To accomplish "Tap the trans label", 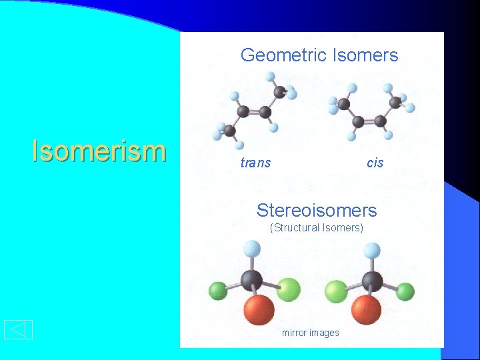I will (x=255, y=163).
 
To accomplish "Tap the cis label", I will (x=375, y=163).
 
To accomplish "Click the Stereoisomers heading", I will (x=317, y=211).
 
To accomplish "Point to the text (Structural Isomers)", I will (x=317, y=228).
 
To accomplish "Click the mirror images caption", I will (x=310, y=333).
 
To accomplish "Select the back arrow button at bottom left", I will (x=18, y=329).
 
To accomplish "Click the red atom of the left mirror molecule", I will (x=259, y=310).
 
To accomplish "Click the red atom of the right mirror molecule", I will (x=366, y=310).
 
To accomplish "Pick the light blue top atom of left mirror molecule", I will (x=252, y=249).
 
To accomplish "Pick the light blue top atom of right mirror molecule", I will (x=372, y=251).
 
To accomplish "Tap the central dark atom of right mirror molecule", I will (x=372, y=281).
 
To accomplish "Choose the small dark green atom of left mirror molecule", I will (x=218, y=291).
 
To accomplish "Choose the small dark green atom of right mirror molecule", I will (x=405, y=291).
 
